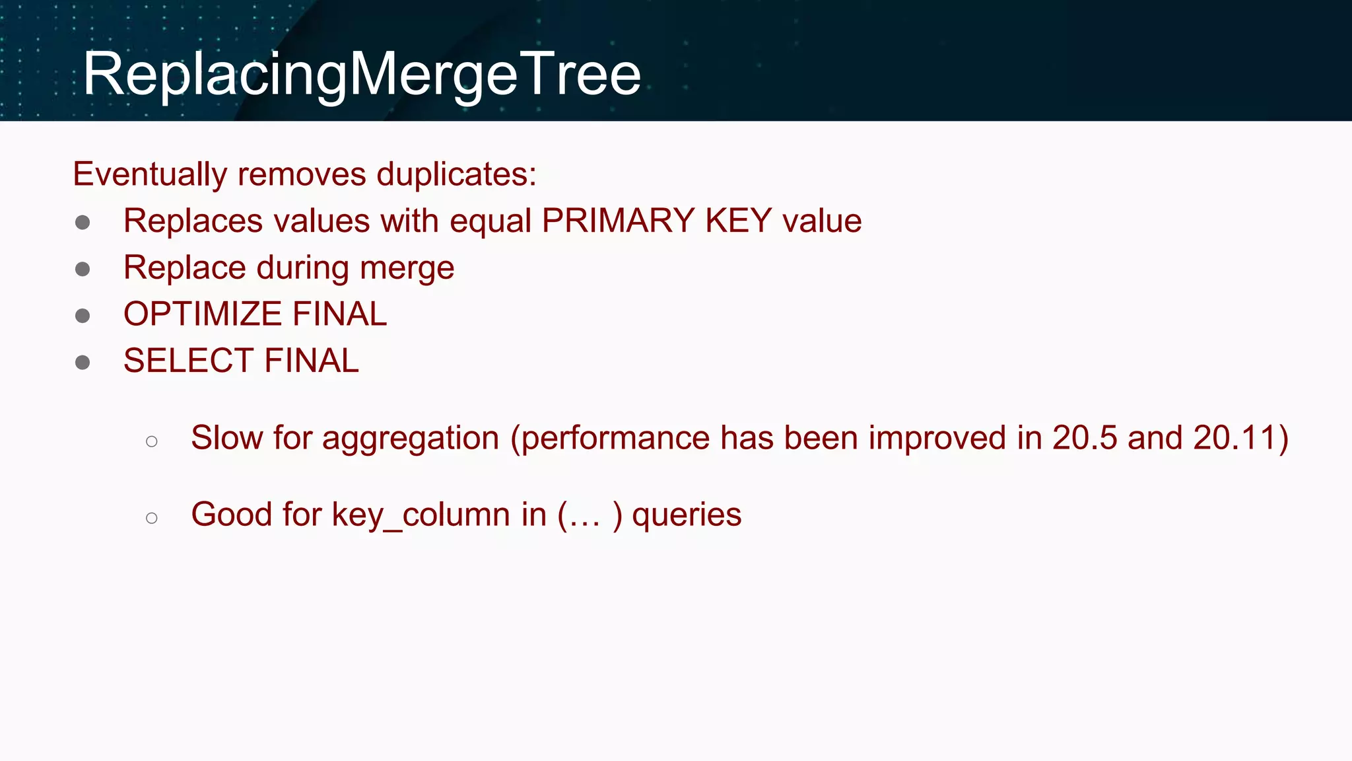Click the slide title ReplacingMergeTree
362,74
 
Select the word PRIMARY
619,221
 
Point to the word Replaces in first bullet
193,221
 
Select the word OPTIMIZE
202,314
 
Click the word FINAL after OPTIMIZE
339,314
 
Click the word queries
687,515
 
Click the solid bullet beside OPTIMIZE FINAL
83,316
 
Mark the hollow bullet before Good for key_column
152,518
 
